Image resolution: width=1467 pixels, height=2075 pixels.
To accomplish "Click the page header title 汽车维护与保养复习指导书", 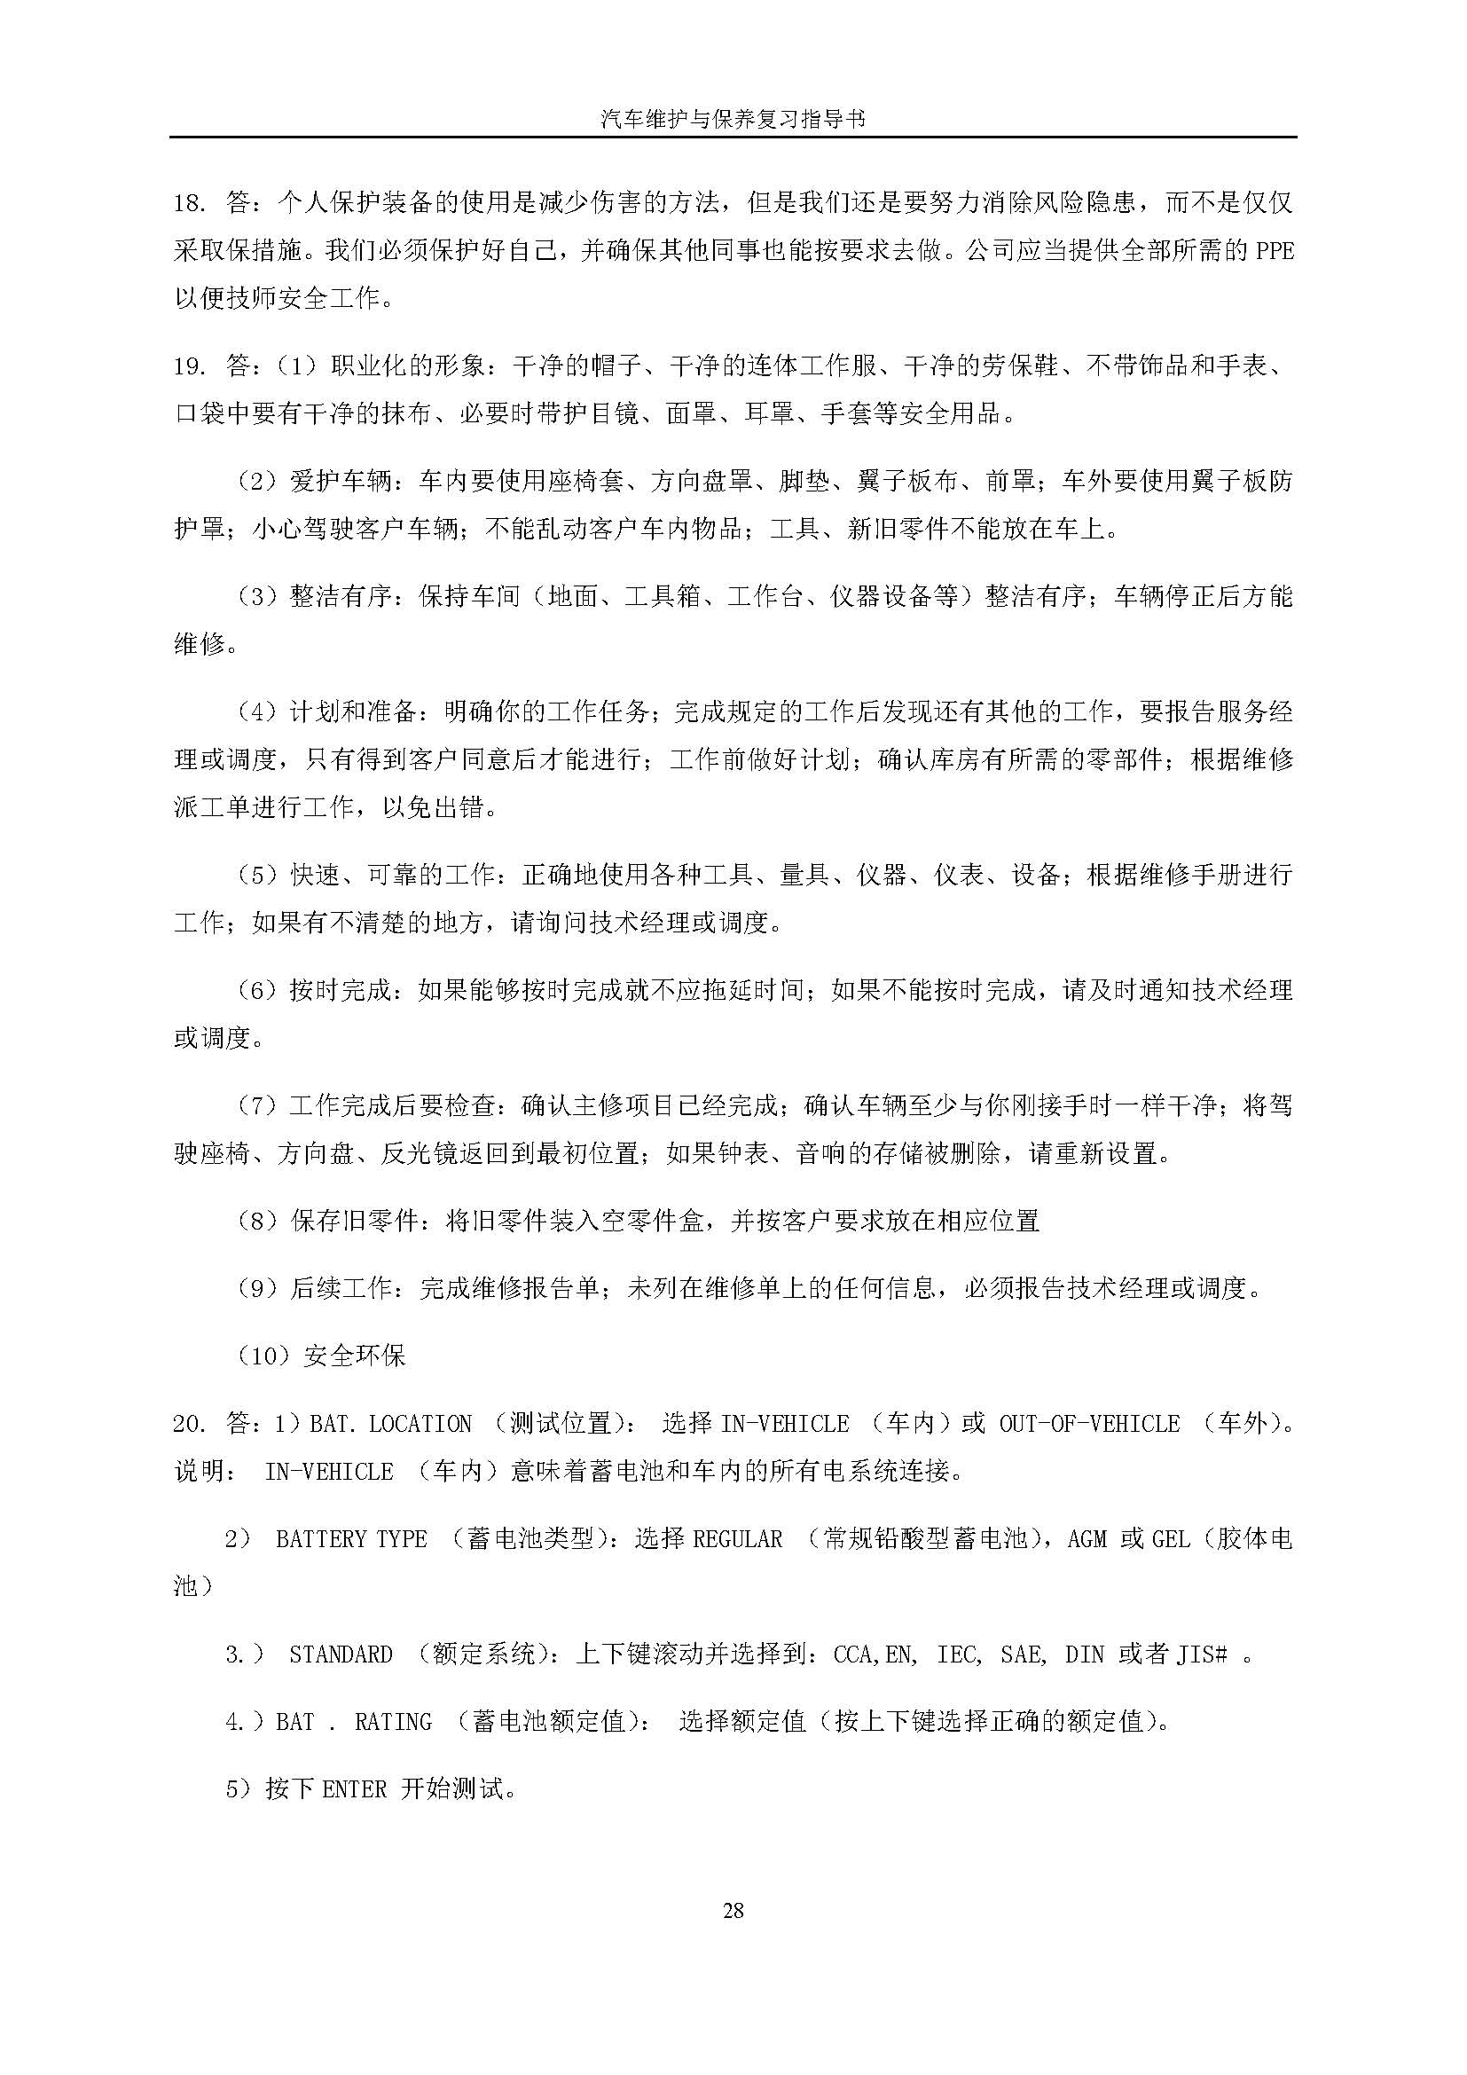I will pos(733,118).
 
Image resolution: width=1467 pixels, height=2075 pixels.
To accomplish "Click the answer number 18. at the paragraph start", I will pos(192,203).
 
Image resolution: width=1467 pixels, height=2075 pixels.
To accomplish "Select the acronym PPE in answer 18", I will pos(1275,251).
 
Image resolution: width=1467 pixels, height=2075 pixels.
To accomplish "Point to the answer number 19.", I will pos(192,367).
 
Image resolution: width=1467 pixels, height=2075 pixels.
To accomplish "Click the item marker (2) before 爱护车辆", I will pos(255,482).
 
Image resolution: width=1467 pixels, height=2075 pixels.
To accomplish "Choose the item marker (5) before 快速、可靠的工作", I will pos(255,875).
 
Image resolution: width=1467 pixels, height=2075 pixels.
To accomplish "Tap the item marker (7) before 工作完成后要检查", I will pos(255,1105).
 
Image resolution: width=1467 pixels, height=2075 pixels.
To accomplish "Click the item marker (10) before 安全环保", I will pos(263,1356).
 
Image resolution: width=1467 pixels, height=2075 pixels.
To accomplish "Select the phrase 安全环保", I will pos(355,1356).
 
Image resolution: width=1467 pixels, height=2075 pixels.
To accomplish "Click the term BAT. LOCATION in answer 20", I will pos(390,1425).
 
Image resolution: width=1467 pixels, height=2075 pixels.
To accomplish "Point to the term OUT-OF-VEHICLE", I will pos(1089,1425).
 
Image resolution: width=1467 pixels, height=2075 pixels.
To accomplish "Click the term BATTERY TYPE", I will pos(350,1539).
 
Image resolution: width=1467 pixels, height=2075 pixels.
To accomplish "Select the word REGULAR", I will pos(737,1539).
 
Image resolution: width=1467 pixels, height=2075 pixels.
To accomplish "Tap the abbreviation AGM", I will pos(1087,1539).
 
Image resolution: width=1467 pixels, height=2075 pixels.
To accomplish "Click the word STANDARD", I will pos(341,1654).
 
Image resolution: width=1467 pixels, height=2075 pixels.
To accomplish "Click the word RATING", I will pos(393,1722).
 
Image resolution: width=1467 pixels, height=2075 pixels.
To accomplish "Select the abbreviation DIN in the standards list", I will pos(1085,1654).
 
